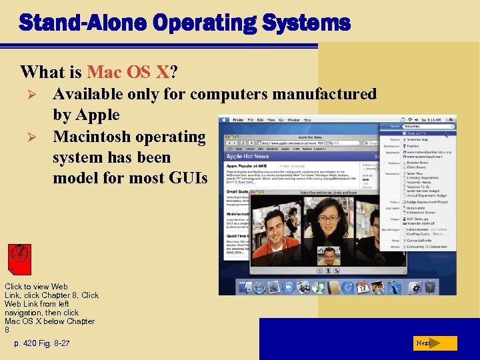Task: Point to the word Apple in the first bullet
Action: (x=97, y=115)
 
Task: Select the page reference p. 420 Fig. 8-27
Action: (x=42, y=343)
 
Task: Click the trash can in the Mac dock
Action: (x=431, y=287)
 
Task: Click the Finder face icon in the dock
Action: (x=242, y=287)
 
